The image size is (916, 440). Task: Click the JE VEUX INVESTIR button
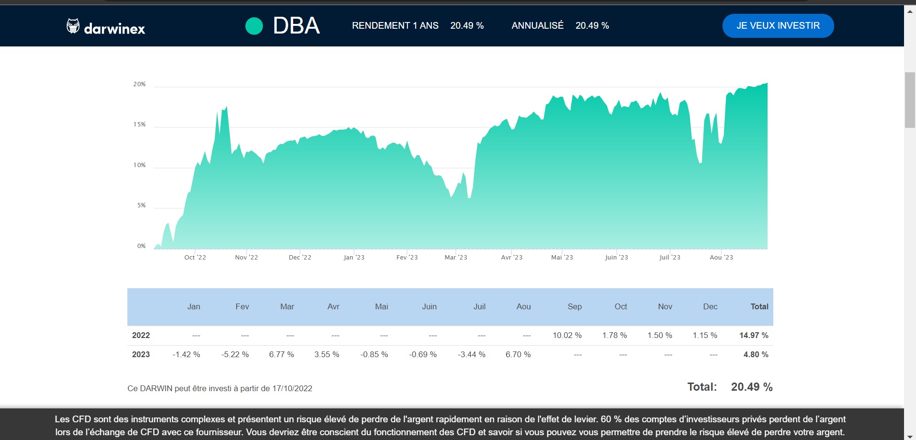778,26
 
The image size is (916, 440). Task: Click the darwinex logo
106,27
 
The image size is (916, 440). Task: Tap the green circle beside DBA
254,26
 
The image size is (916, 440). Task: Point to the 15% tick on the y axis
139,124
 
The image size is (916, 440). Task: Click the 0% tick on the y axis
141,246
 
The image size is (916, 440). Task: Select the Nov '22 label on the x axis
246,258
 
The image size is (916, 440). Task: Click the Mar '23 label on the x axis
455,258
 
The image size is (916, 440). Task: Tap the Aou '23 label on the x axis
721,258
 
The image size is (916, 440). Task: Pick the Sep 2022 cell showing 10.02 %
567,336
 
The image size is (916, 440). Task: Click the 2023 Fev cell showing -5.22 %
235,355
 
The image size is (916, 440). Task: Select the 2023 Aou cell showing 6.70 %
518,355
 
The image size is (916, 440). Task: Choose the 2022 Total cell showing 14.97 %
754,336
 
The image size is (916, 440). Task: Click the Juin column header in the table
429,307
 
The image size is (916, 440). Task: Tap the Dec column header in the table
710,307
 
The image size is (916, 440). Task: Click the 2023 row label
141,355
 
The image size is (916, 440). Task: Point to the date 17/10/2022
292,389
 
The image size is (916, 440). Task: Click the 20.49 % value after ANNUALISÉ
592,26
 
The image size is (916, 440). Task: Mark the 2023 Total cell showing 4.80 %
756,355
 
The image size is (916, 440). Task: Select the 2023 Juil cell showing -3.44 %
472,355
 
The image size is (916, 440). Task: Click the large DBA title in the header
296,26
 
